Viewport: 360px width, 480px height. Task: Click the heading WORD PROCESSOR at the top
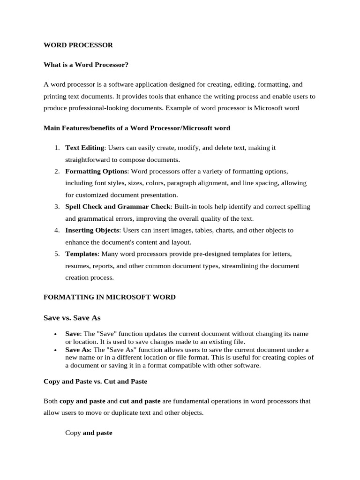point(78,45)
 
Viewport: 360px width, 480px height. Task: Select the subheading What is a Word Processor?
point(86,65)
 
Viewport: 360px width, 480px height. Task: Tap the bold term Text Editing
point(84,148)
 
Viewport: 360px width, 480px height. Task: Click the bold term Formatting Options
point(96,171)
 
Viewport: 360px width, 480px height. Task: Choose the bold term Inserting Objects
point(93,230)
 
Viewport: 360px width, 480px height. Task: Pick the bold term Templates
point(82,254)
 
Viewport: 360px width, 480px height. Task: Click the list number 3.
point(56,207)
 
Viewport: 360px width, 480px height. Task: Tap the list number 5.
point(56,254)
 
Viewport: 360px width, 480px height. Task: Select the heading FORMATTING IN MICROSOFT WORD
point(109,297)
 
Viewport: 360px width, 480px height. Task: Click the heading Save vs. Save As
point(72,318)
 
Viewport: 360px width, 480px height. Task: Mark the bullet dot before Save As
point(56,350)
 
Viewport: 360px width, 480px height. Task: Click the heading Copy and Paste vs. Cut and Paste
point(95,382)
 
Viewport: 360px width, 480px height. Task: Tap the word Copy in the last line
point(73,433)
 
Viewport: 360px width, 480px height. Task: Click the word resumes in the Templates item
point(77,266)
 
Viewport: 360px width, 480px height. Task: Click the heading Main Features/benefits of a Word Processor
point(136,127)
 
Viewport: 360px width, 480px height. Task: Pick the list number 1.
point(56,148)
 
